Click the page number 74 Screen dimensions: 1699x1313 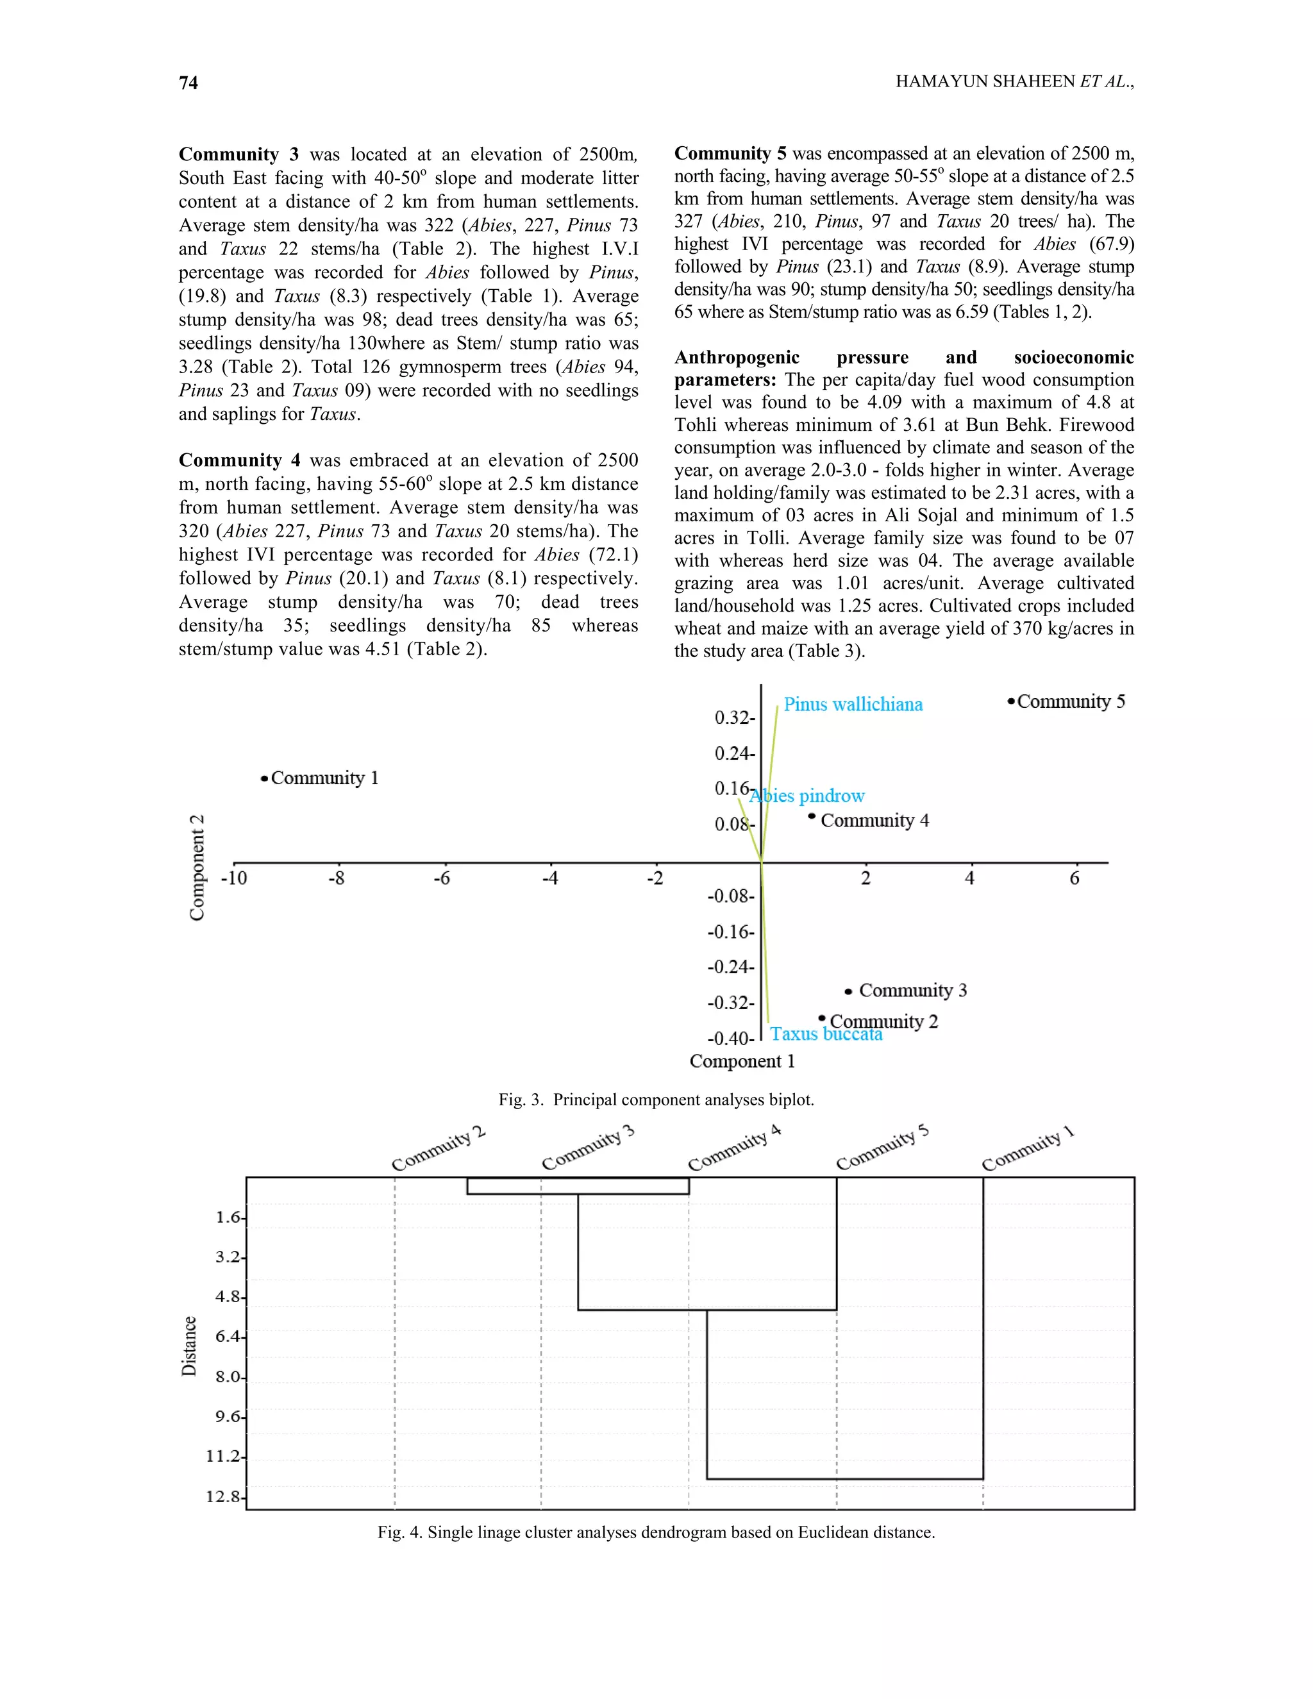[188, 83]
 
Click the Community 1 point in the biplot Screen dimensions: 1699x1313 [265, 778]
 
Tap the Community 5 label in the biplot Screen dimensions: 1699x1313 [1070, 701]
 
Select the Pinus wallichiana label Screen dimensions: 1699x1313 [853, 705]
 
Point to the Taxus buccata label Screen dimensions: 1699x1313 [826, 1035]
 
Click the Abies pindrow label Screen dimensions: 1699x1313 [807, 796]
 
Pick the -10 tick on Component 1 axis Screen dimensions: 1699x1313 [233, 879]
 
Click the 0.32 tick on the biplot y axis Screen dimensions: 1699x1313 [733, 718]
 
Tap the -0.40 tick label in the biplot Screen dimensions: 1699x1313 [729, 1039]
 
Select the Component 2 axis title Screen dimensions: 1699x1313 [197, 867]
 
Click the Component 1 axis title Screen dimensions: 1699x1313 [742, 1062]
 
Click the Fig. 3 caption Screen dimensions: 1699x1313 [656, 1100]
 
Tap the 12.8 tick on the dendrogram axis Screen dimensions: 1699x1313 [224, 1497]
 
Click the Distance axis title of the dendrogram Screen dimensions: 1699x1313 [189, 1346]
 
